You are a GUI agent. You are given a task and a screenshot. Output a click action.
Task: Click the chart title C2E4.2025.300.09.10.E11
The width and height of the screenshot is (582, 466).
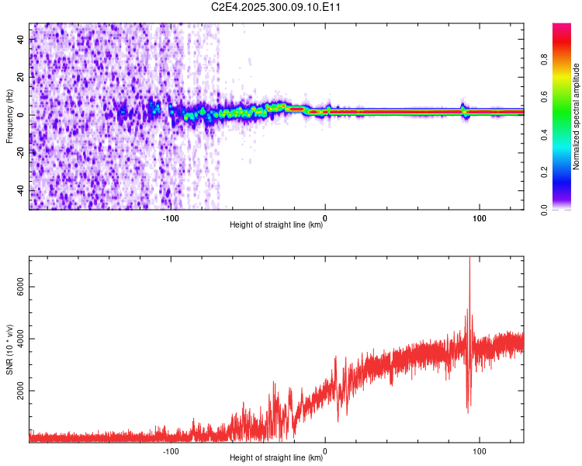277,7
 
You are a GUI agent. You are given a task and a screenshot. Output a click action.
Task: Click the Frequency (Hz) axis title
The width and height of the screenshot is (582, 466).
9,116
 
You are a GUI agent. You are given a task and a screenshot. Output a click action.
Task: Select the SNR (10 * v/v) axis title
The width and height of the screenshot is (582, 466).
9,349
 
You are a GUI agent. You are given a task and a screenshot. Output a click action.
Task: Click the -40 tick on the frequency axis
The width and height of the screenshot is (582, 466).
22,191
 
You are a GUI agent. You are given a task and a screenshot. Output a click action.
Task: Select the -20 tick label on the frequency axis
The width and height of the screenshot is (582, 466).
22,153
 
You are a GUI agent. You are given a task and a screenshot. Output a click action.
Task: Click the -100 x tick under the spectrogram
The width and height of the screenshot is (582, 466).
171,218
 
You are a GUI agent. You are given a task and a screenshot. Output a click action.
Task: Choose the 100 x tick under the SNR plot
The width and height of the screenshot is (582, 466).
479,450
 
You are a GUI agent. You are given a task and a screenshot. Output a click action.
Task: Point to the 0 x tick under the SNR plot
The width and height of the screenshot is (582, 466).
325,450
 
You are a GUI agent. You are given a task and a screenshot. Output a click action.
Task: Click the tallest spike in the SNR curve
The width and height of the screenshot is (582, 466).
469,259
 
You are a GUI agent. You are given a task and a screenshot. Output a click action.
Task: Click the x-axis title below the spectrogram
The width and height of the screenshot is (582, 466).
276,225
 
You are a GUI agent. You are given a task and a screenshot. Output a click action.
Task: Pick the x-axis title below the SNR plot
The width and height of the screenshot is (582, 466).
276,458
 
